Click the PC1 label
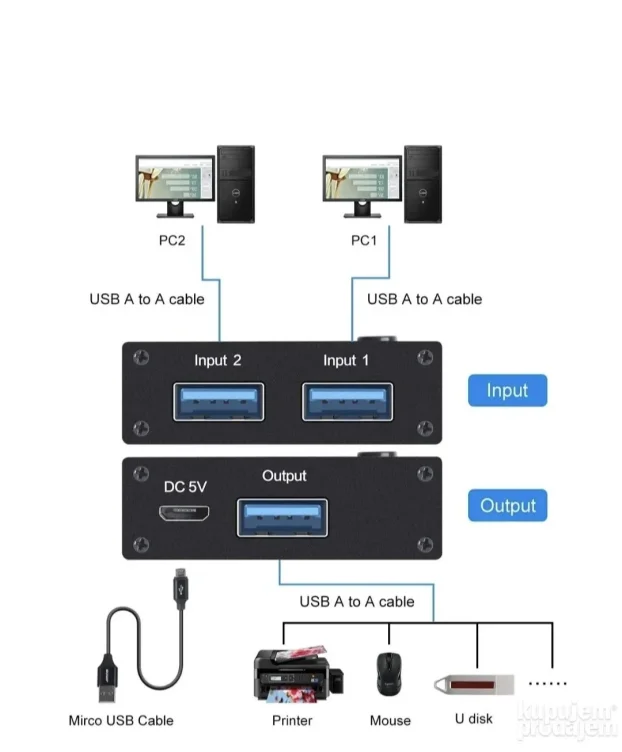point(364,241)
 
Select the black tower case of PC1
point(422,184)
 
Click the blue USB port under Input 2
point(219,402)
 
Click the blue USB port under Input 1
point(349,402)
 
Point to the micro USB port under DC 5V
point(184,514)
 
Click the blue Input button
point(507,390)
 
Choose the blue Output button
point(507,506)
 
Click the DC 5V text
point(184,487)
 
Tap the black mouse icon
point(388,676)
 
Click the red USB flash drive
point(474,685)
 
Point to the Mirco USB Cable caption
point(121,720)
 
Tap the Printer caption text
point(292,720)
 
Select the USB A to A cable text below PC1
point(424,299)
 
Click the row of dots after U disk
point(547,684)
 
